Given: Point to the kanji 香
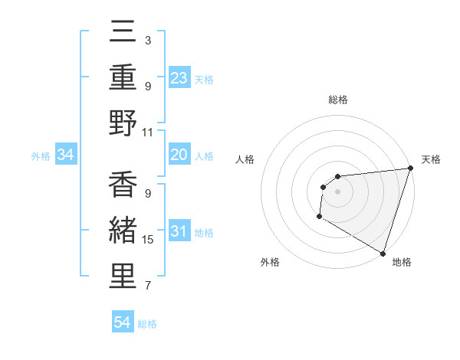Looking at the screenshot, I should [123, 184].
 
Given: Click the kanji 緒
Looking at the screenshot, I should [123, 231].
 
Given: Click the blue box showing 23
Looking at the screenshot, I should [179, 77].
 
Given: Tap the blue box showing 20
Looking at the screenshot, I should [179, 155].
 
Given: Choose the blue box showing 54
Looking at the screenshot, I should [123, 322].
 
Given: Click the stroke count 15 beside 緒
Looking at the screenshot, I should [149, 240].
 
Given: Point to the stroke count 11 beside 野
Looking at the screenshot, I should [149, 132].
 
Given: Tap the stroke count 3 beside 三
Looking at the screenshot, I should [147, 39].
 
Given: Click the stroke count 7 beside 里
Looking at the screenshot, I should [147, 286].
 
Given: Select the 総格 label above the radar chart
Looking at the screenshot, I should [338, 100].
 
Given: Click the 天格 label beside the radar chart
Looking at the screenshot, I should [431, 159].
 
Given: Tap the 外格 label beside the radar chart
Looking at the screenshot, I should [270, 262].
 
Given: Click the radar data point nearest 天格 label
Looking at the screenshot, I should [409, 169].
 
